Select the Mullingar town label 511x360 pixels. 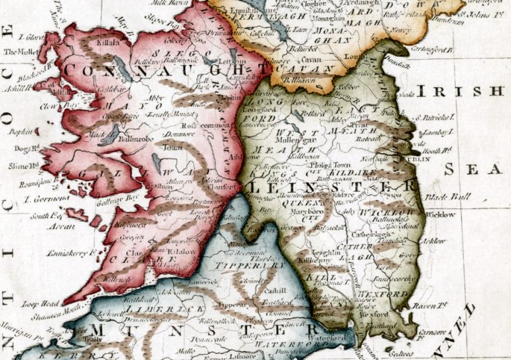point(305,141)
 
